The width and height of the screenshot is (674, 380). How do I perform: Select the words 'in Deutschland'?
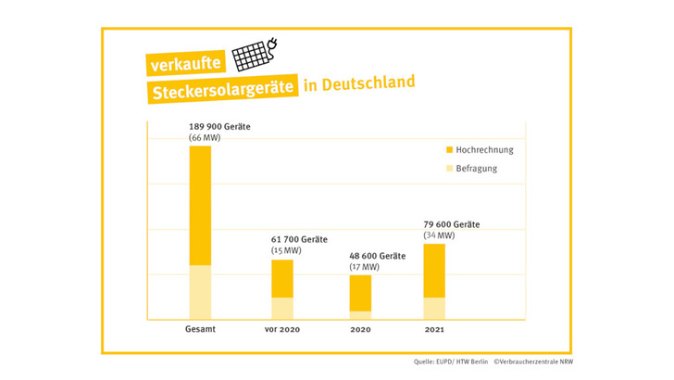pyautogui.click(x=359, y=83)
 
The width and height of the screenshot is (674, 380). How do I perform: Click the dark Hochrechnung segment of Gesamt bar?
pyautogui.click(x=201, y=205)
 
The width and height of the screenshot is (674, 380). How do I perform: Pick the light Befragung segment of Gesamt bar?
pyautogui.click(x=201, y=292)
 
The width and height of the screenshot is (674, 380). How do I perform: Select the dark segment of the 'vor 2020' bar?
pyautogui.click(x=282, y=278)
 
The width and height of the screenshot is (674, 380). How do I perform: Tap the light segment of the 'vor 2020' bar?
pyautogui.click(x=282, y=309)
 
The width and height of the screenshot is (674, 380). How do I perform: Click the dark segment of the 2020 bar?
pyautogui.click(x=360, y=292)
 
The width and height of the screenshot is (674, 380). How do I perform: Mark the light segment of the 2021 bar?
pyautogui.click(x=433, y=309)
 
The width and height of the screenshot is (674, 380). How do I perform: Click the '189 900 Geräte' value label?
pyautogui.click(x=227, y=125)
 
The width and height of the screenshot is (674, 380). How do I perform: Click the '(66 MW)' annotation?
pyautogui.click(x=205, y=137)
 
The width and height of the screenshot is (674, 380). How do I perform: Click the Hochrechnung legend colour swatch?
pyautogui.click(x=449, y=149)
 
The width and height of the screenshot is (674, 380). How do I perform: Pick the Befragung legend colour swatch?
pyautogui.click(x=449, y=170)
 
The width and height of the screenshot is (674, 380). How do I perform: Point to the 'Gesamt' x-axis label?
pyautogui.click(x=201, y=329)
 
